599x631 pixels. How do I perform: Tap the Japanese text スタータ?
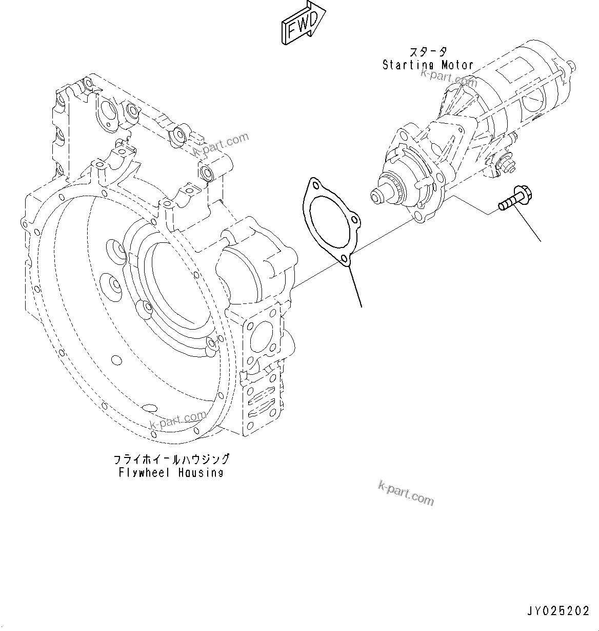(x=427, y=52)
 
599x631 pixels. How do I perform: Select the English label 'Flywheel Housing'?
(x=171, y=472)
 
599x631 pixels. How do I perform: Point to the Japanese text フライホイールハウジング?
(x=171, y=458)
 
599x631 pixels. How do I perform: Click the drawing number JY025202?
(x=558, y=611)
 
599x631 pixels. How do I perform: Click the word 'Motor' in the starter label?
(x=457, y=65)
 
